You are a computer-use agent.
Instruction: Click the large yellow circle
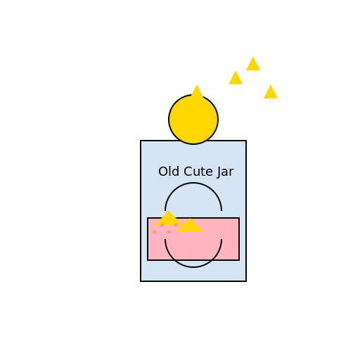(x=193, y=120)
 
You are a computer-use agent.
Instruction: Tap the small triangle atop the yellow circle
(x=197, y=91)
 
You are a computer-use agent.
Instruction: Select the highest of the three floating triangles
(x=253, y=64)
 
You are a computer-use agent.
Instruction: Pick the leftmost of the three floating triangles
(x=236, y=78)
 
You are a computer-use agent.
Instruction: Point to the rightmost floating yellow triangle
(x=271, y=92)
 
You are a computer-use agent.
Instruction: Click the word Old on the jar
(x=168, y=172)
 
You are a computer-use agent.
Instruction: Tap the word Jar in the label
(x=224, y=172)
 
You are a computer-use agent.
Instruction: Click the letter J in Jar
(x=218, y=172)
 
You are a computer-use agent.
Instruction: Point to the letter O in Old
(x=162, y=172)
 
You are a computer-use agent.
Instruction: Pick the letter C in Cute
(x=188, y=172)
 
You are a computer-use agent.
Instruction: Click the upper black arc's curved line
(x=193, y=183)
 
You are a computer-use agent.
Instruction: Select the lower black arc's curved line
(x=193, y=267)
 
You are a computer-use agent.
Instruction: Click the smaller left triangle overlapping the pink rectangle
(x=169, y=219)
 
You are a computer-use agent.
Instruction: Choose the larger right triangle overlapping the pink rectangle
(x=190, y=226)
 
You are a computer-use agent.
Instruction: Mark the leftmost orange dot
(x=155, y=232)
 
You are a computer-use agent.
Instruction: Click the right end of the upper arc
(x=221, y=210)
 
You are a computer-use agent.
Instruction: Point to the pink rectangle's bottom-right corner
(x=239, y=260)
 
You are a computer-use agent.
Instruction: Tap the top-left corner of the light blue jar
(x=141, y=141)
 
